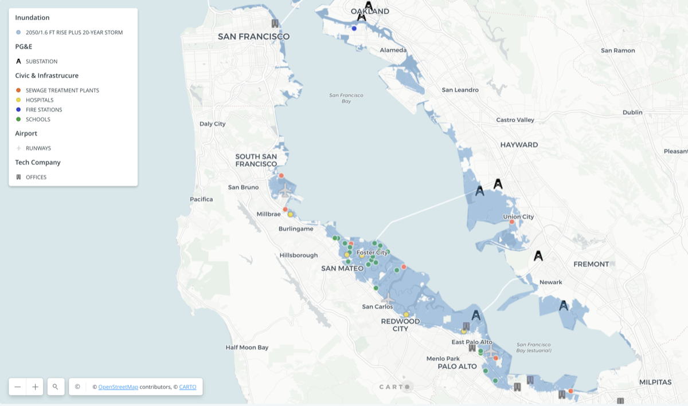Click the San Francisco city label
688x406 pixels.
253,37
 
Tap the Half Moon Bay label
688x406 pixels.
247,348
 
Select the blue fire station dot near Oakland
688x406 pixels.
354,28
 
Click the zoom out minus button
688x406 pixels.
18,387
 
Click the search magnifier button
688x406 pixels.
56,387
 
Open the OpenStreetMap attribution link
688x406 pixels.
118,387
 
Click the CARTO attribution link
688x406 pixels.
187,387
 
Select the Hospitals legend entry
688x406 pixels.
40,100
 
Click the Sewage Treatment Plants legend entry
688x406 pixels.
62,90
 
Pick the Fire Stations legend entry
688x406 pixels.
44,110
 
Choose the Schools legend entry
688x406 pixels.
38,120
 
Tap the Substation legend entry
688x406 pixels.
41,61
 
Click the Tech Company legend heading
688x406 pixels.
38,163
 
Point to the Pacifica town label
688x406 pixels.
201,199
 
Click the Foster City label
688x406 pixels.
372,253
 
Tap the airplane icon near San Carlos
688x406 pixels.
388,299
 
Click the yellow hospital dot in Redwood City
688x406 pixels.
406,314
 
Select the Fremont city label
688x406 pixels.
591,264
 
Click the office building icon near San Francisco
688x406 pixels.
275,23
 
